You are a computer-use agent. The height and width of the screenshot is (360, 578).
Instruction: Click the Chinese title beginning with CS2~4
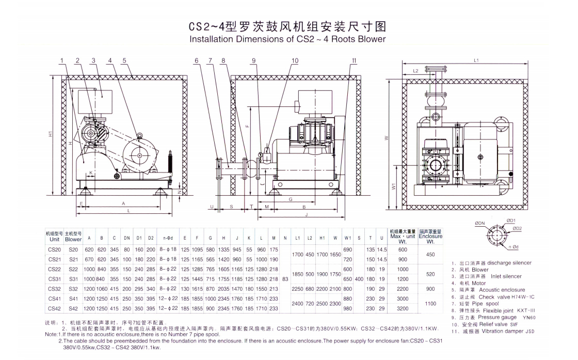tap(287, 26)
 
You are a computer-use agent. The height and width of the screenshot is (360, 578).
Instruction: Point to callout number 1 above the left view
tap(61, 60)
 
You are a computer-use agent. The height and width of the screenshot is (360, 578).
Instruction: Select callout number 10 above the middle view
tap(295, 60)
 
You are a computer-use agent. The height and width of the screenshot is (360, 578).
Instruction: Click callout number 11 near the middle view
tap(354, 60)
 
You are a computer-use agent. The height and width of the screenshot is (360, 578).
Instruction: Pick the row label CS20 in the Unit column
tap(54, 249)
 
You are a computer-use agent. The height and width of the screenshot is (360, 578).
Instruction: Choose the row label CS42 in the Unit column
tap(54, 308)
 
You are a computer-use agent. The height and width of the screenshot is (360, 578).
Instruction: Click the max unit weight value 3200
tap(403, 308)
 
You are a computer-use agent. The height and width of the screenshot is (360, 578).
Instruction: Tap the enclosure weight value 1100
tap(430, 304)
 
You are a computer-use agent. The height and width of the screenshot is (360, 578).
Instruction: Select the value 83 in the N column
tap(285, 279)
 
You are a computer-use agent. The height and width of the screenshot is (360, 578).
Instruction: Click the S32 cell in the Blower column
tap(73, 289)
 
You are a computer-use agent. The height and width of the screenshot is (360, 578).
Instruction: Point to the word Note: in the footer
tap(51, 335)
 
